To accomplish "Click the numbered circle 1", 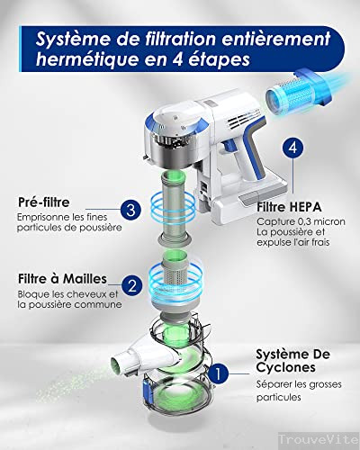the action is (219, 374).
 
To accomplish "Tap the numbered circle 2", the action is (132, 285).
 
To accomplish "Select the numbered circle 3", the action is (131, 210).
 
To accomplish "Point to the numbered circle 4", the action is (292, 148).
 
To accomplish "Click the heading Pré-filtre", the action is (44, 202).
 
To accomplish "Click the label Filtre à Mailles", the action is (62, 279).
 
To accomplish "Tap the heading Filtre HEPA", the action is (289, 207).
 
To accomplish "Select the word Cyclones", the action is (285, 368).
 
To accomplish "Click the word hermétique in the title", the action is (87, 59).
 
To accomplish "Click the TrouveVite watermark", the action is (319, 440).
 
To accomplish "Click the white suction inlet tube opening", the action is (117, 364).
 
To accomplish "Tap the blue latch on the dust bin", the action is (148, 391).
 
